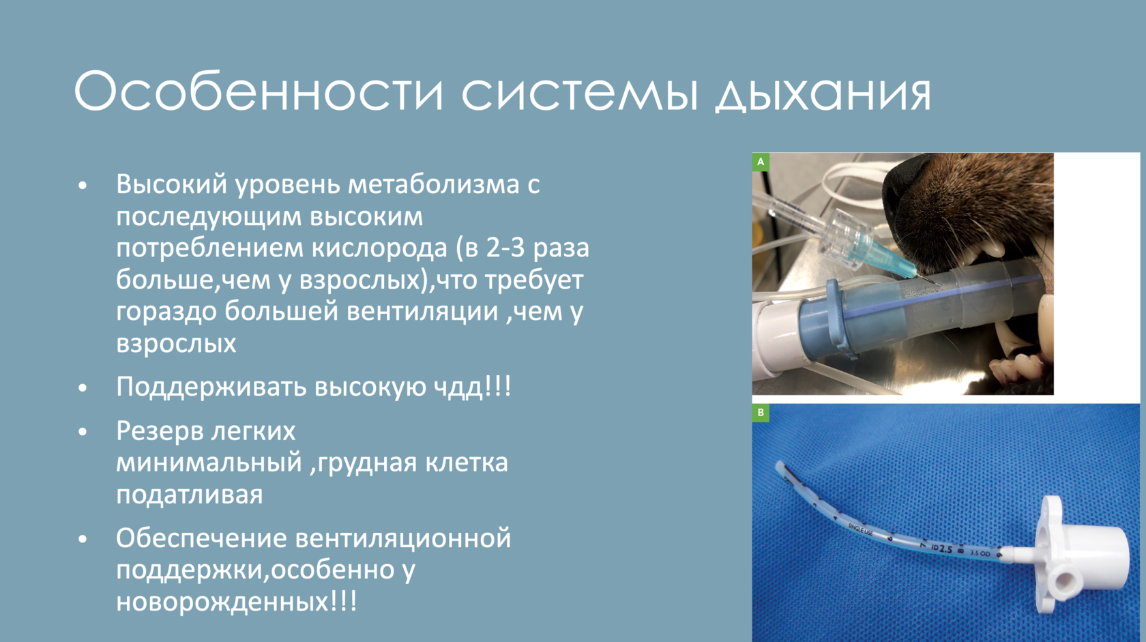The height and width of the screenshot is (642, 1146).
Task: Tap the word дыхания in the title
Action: (x=823, y=92)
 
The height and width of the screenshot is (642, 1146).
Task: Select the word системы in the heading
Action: (x=580, y=92)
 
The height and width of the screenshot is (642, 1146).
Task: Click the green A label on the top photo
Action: (x=760, y=162)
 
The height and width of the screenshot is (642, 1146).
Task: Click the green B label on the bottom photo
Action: (x=760, y=412)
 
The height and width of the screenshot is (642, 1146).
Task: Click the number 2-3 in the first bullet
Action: (x=505, y=248)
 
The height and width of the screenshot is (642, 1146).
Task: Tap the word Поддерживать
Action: (x=211, y=388)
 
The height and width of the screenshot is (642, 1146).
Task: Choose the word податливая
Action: (x=190, y=495)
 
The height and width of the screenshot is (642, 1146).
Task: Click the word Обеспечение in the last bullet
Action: (x=202, y=538)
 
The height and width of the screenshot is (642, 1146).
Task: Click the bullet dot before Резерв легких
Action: (x=83, y=433)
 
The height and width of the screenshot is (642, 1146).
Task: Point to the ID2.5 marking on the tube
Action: (x=941, y=549)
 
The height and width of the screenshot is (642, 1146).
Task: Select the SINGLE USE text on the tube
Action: (x=861, y=529)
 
